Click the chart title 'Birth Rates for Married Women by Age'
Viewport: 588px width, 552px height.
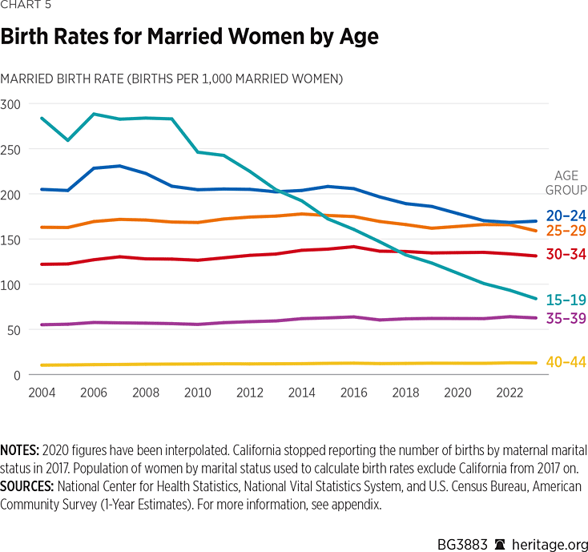coord(189,37)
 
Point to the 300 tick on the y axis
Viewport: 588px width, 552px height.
coord(10,104)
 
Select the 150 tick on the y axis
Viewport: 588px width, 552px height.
coord(10,240)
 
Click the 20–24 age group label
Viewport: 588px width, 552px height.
coord(566,216)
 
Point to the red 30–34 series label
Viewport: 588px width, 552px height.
coord(566,255)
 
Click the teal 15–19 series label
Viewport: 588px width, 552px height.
coord(566,300)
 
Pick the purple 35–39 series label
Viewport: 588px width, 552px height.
coord(566,319)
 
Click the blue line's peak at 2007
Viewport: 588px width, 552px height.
coord(120,166)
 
